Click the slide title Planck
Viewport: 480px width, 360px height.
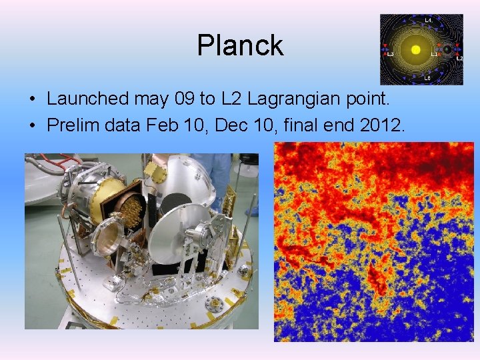(x=240, y=45)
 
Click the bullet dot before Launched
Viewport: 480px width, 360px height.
(x=32, y=99)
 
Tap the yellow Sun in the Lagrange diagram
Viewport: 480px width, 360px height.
(x=416, y=49)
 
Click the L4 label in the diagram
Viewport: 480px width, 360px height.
(x=428, y=21)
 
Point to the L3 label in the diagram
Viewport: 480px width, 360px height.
(x=391, y=54)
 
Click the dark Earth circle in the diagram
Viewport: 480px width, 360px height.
(x=446, y=49)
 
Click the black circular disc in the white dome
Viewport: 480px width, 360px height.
(x=175, y=203)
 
